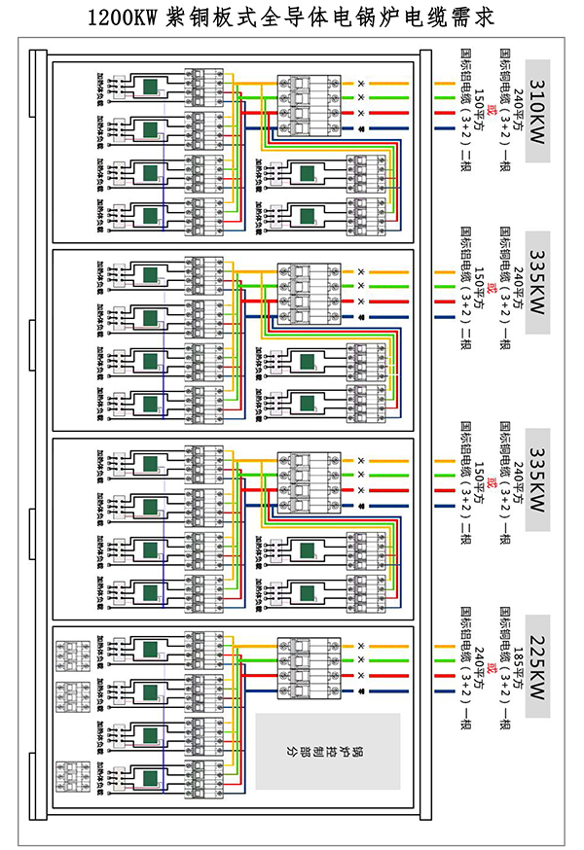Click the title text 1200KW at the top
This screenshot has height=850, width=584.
click(x=123, y=18)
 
